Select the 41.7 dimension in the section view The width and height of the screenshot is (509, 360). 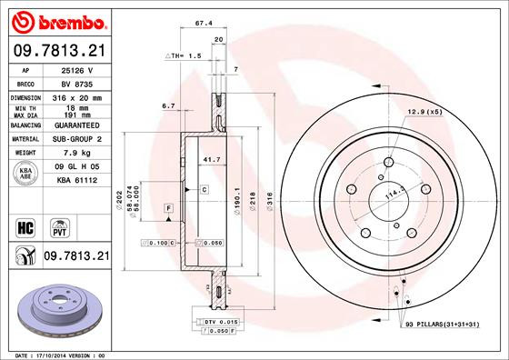pos(210,160)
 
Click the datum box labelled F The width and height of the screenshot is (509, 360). pos(168,210)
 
